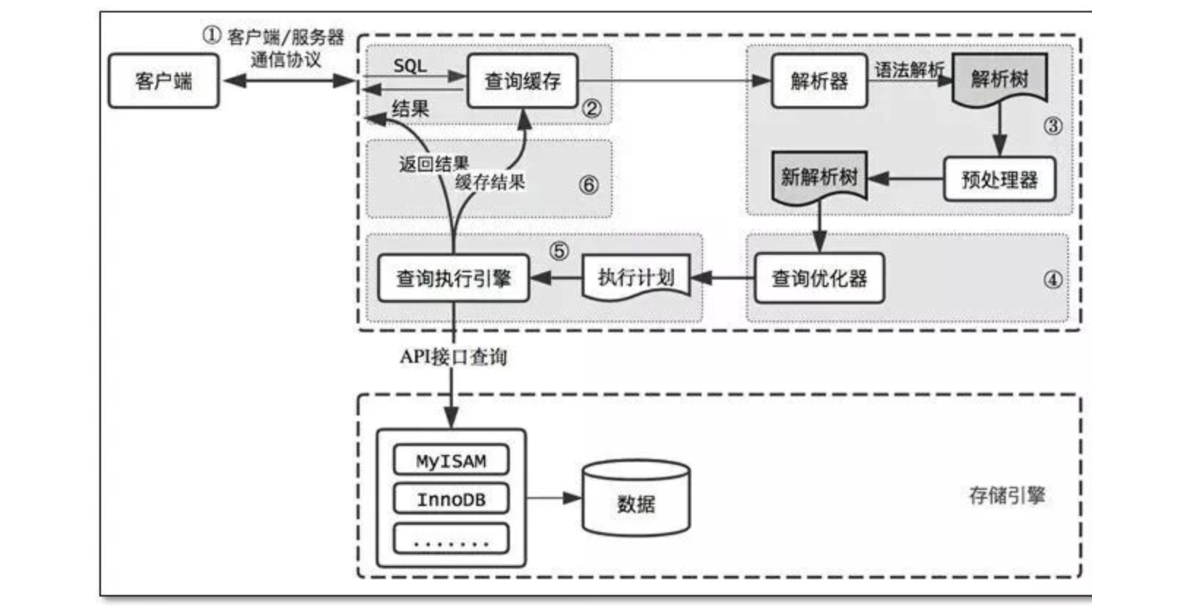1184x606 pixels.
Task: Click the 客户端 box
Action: pyautogui.click(x=164, y=80)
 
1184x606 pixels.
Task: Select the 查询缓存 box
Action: pyautogui.click(x=523, y=80)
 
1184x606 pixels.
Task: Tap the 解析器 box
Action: pyautogui.click(x=819, y=80)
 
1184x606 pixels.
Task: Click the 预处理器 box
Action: pyautogui.click(x=999, y=179)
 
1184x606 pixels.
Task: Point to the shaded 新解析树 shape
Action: pyautogui.click(x=819, y=176)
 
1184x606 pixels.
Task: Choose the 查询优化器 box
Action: pyautogui.click(x=819, y=278)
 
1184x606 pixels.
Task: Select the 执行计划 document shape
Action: pyautogui.click(x=636, y=277)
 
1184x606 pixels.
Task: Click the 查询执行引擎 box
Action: pyautogui.click(x=453, y=278)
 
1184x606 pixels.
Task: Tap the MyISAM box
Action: pyautogui.click(x=451, y=461)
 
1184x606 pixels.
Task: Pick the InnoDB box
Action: pyautogui.click(x=451, y=499)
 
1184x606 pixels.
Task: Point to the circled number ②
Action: pyautogui.click(x=591, y=109)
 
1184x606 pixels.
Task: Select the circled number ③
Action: pyautogui.click(x=1052, y=126)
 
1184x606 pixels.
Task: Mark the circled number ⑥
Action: pyautogui.click(x=588, y=185)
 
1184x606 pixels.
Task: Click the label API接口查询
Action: pyautogui.click(x=453, y=357)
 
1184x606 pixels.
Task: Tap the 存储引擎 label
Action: pyautogui.click(x=1006, y=496)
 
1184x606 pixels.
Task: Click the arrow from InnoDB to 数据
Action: pyautogui.click(x=553, y=499)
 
